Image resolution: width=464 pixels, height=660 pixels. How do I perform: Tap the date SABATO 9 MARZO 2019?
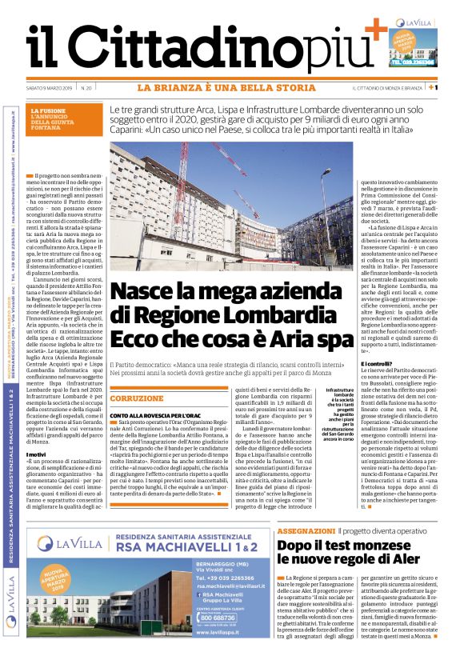(50, 87)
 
